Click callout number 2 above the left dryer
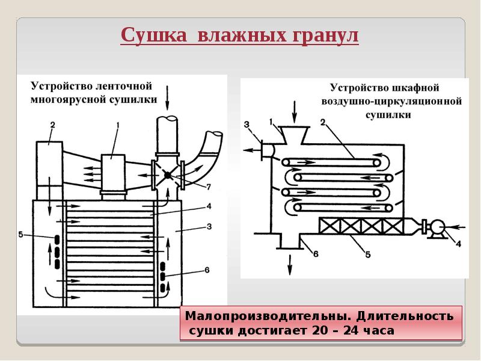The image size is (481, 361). coord(52,125)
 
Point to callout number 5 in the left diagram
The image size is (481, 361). coord(21,235)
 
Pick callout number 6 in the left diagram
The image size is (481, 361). coord(207,270)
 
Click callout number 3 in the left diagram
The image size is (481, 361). coord(209,226)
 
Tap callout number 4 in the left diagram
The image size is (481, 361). coord(209,206)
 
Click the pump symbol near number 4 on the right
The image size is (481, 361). coord(436,227)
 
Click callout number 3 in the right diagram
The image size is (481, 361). coord(246,125)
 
